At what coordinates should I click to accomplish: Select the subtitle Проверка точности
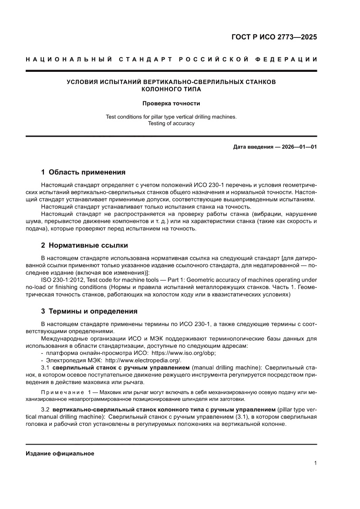(x=171, y=104)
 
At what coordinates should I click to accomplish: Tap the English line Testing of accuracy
(x=171, y=123)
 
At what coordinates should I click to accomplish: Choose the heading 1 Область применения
(x=83, y=172)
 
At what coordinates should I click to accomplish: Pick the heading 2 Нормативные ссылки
(x=84, y=245)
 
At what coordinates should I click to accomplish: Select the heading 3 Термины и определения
(x=89, y=311)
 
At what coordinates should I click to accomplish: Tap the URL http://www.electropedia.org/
(x=143, y=361)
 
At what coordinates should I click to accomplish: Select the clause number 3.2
(x=45, y=410)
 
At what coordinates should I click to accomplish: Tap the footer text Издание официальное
(x=60, y=453)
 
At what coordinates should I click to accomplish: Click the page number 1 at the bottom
(x=315, y=463)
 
